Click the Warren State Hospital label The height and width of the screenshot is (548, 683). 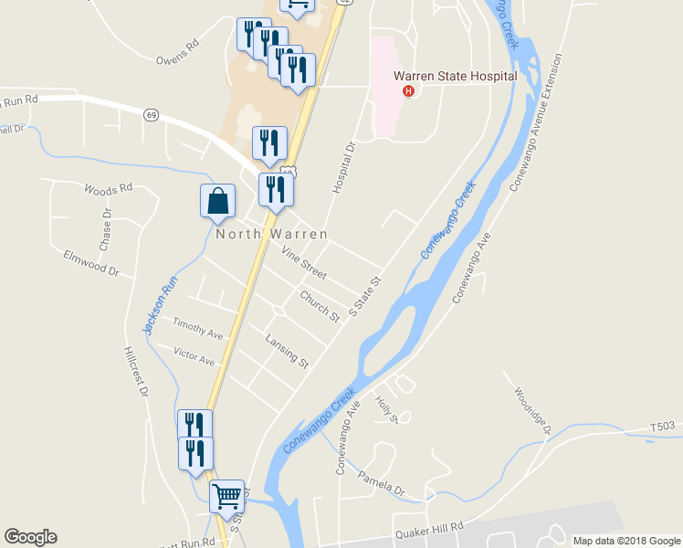(x=455, y=77)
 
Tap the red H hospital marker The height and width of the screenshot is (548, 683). (x=409, y=91)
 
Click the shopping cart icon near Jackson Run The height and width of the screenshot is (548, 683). (x=226, y=497)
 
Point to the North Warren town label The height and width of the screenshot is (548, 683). (x=271, y=234)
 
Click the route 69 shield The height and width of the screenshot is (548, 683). (x=151, y=115)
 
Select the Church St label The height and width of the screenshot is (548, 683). (x=320, y=305)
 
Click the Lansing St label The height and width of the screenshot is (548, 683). (x=288, y=350)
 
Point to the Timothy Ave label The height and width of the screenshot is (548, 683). (x=198, y=329)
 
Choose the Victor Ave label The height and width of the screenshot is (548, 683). (x=194, y=356)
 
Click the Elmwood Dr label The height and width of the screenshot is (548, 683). (x=91, y=263)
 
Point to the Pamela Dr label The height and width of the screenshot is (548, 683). (x=381, y=483)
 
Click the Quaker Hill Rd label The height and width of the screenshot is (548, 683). (x=429, y=530)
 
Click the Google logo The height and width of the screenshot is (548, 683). (x=31, y=537)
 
